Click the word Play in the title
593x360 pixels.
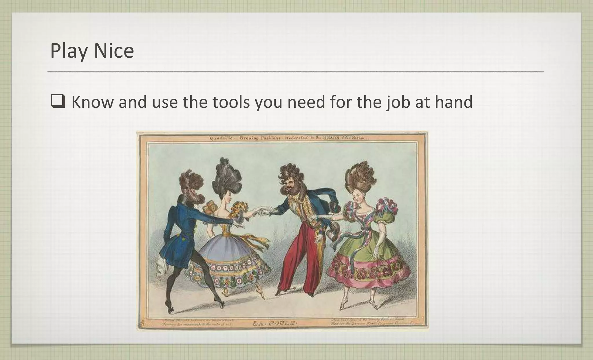pyautogui.click(x=69, y=51)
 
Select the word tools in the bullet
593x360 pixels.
pyautogui.click(x=231, y=102)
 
